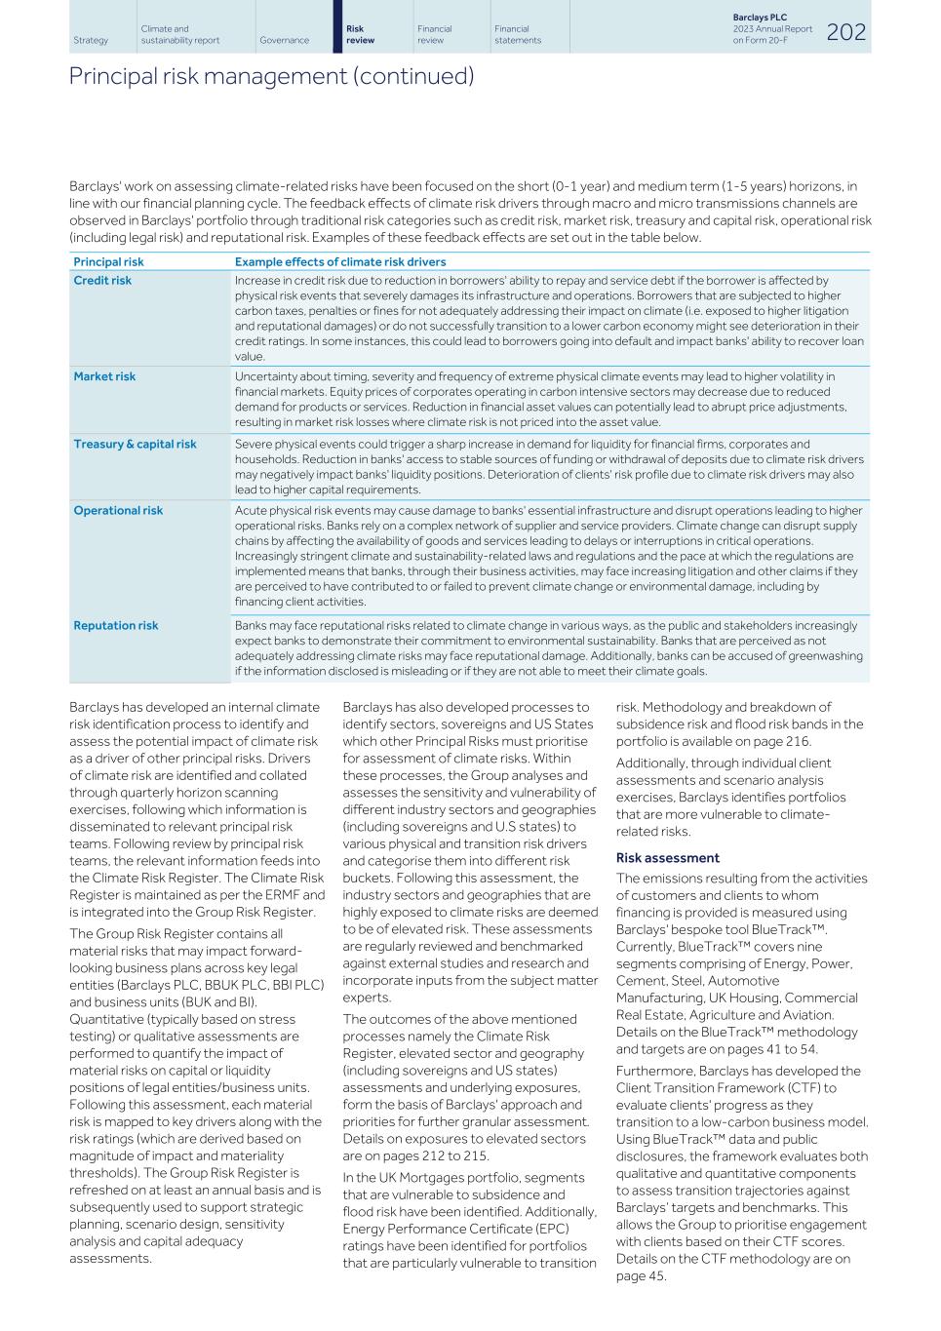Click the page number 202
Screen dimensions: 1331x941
[845, 32]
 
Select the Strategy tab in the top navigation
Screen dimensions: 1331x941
[91, 40]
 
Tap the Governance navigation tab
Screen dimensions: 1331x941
[284, 40]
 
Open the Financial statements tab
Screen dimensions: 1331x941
[517, 34]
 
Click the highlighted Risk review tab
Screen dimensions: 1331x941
[360, 34]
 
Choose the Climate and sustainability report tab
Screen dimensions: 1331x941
[179, 34]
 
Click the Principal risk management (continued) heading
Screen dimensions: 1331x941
[271, 76]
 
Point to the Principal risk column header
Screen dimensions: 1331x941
[108, 261]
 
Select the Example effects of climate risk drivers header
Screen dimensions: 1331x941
[339, 261]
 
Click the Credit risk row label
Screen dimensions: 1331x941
[102, 280]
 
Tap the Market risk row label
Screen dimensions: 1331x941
[104, 376]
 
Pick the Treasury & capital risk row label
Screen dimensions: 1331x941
[135, 444]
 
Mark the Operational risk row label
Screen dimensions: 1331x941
[118, 510]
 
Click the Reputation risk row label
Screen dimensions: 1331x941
[115, 625]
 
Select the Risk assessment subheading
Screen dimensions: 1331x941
[667, 858]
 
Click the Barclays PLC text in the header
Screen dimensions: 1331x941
[760, 18]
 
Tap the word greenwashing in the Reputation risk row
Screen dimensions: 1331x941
[826, 656]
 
